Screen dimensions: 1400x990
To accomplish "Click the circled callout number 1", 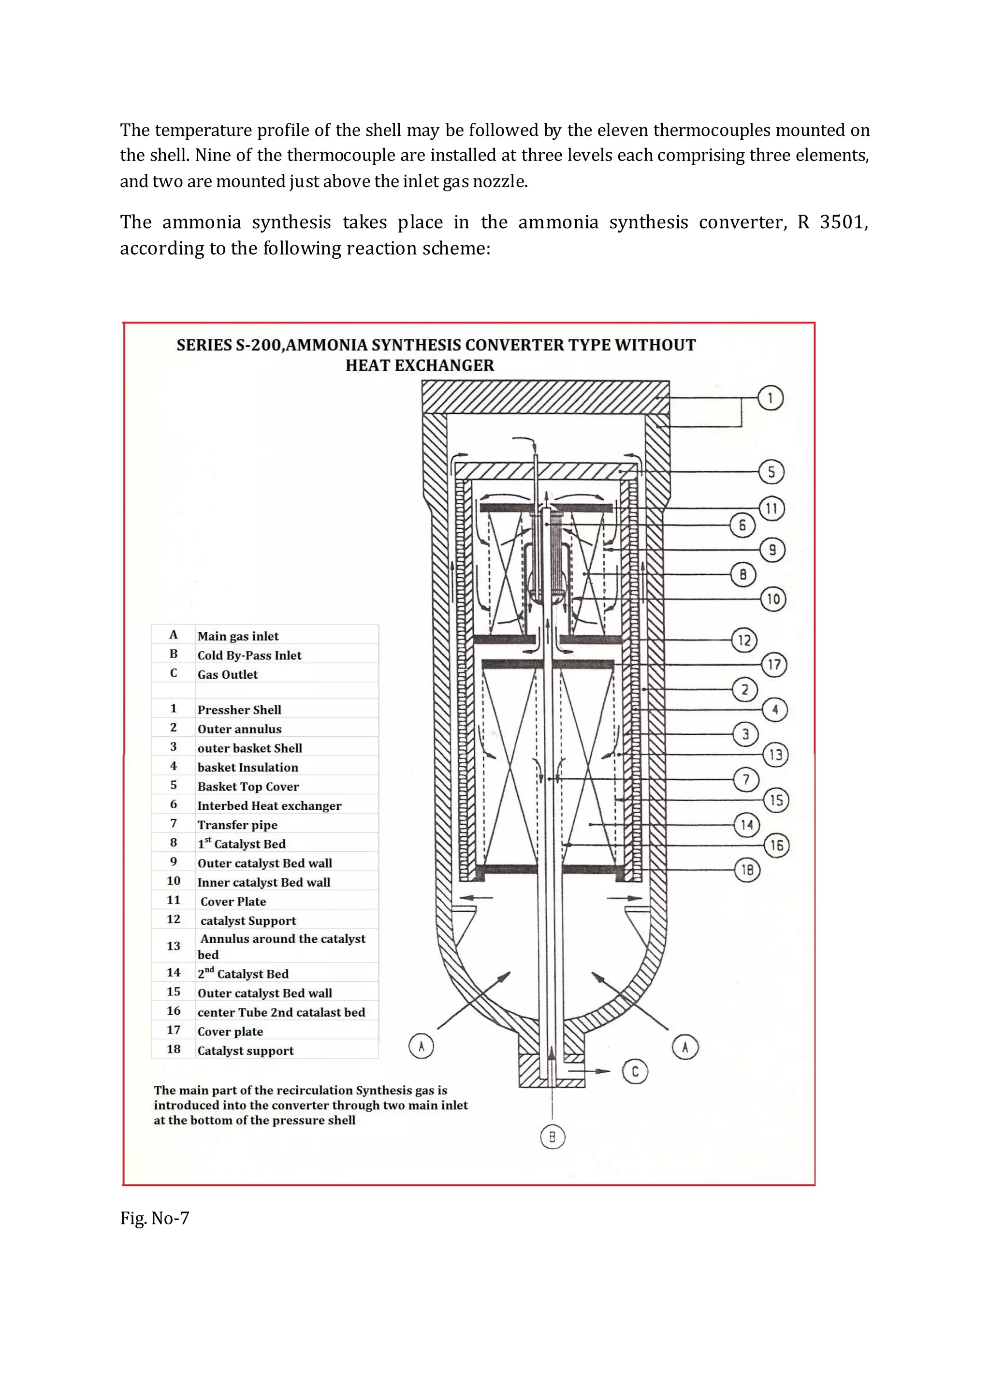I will pyautogui.click(x=771, y=398).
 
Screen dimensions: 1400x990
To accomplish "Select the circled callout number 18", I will pyautogui.click(x=747, y=870).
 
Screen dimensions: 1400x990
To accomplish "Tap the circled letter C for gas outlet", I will pyautogui.click(x=635, y=1071).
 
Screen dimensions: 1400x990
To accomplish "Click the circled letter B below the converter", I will pyautogui.click(x=553, y=1137).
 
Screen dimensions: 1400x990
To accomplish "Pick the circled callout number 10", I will pyautogui.click(x=773, y=599).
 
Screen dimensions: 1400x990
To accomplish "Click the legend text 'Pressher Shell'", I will pyautogui.click(x=239, y=710).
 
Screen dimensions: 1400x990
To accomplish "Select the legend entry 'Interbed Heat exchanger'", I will pyautogui.click(x=269, y=805).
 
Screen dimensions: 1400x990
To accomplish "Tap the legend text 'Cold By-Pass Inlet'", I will pyautogui.click(x=249, y=656).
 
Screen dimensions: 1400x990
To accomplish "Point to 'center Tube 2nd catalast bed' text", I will pyautogui.click(x=281, y=1012).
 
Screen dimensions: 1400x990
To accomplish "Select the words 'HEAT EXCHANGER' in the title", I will pyautogui.click(x=420, y=365).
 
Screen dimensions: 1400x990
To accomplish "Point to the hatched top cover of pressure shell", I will pyautogui.click(x=546, y=396).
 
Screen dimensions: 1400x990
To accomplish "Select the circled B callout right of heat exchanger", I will pyautogui.click(x=742, y=574).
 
